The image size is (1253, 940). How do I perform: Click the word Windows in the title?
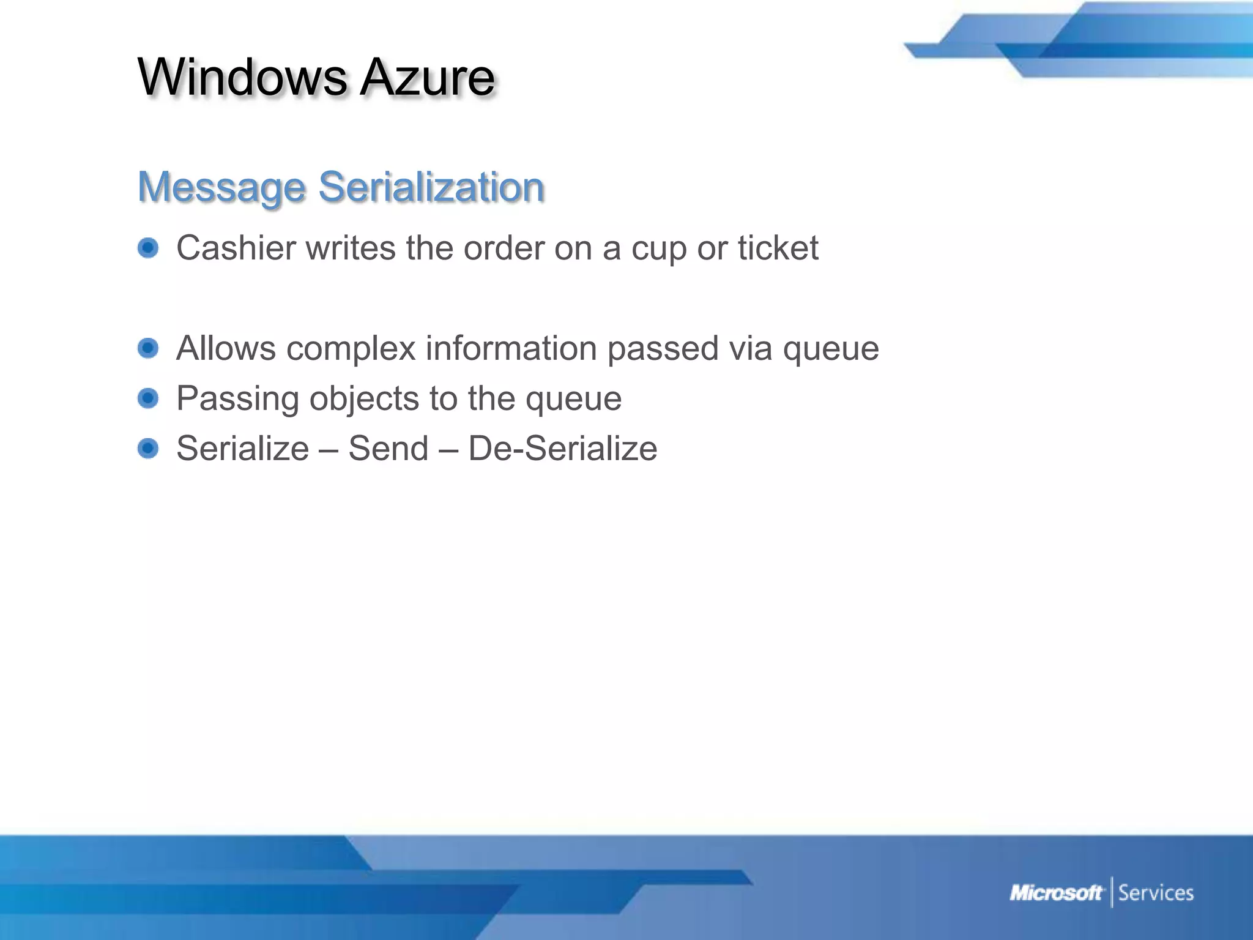click(x=242, y=77)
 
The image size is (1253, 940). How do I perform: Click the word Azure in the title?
click(x=427, y=77)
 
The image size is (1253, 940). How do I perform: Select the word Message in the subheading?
click(x=221, y=187)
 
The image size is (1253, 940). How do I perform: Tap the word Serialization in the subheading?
click(x=431, y=187)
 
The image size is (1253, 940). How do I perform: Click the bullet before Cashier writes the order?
click(x=148, y=248)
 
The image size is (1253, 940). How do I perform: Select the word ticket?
click(x=778, y=248)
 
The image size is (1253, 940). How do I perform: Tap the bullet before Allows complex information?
click(x=148, y=348)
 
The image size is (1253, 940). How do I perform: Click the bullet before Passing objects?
click(x=148, y=398)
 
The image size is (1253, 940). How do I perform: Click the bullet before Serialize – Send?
click(x=148, y=449)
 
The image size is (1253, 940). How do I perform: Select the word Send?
click(x=389, y=449)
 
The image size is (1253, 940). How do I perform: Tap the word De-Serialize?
click(x=562, y=449)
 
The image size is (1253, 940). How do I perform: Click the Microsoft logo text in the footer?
click(x=1056, y=893)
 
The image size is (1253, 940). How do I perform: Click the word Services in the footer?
click(x=1156, y=893)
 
